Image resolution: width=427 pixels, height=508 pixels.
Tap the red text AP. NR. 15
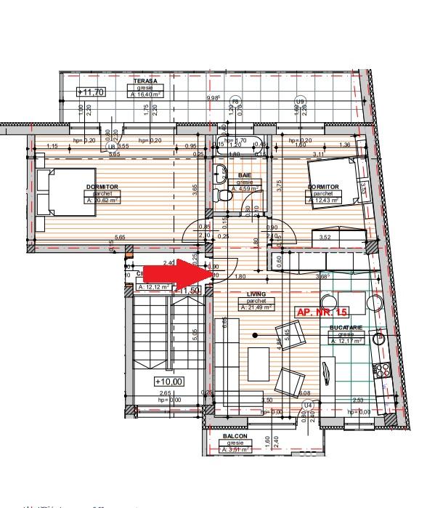point(322,311)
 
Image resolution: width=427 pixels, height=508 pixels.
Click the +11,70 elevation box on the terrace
point(91,92)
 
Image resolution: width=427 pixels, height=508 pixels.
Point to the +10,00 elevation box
point(168,381)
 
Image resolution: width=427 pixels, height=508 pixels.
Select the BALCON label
point(236,436)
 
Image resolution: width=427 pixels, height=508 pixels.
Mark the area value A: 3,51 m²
point(236,449)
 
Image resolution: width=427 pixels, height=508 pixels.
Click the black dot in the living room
point(255,335)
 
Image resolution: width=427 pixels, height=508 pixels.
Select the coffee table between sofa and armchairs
point(258,361)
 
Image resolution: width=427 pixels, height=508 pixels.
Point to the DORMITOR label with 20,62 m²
point(101,187)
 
